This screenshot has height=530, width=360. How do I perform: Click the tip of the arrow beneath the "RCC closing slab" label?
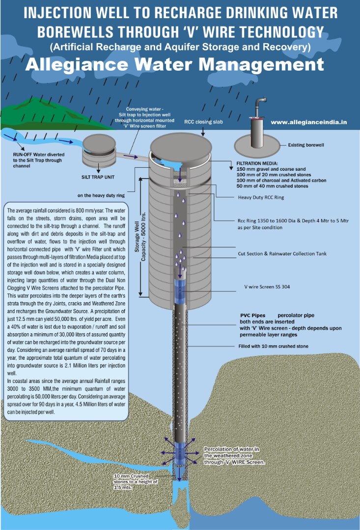click(203, 136)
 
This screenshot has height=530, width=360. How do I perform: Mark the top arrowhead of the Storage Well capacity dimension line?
click(140, 177)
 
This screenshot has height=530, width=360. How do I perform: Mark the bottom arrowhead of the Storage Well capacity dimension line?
click(140, 297)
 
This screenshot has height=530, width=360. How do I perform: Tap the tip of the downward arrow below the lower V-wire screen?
click(179, 480)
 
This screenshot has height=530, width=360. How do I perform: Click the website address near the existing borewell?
click(309, 122)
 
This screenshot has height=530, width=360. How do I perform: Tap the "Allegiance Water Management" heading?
click(174, 64)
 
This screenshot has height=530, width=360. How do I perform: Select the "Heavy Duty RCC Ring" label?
click(261, 197)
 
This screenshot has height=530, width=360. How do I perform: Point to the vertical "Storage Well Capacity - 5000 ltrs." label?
click(140, 237)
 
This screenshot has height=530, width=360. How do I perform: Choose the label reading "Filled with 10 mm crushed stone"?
click(273, 346)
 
